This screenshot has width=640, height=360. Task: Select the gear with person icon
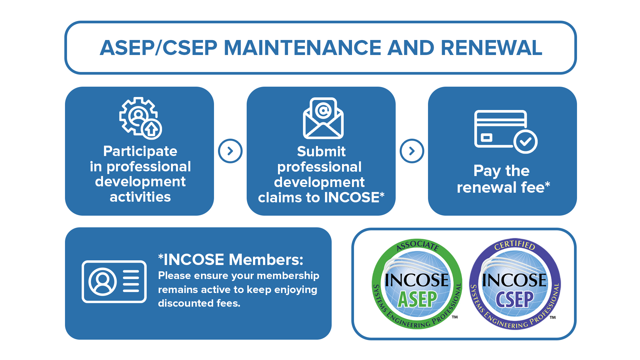(x=138, y=116)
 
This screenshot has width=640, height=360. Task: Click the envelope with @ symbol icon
(x=323, y=118)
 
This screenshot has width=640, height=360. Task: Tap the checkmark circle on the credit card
(x=525, y=142)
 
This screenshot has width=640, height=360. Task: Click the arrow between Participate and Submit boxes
(x=230, y=151)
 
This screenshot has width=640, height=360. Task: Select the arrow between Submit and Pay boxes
(x=412, y=151)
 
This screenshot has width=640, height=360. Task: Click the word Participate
(x=140, y=151)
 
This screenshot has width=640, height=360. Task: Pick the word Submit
(x=321, y=151)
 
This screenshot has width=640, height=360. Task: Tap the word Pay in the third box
(x=487, y=171)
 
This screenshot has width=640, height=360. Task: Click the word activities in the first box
(x=140, y=197)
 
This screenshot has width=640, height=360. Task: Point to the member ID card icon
(x=114, y=282)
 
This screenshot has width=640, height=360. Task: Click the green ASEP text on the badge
(x=417, y=299)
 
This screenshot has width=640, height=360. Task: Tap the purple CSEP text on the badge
(x=514, y=299)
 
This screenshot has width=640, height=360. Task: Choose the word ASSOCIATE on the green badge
(x=417, y=245)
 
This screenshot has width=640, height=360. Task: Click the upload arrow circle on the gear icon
(x=152, y=129)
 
